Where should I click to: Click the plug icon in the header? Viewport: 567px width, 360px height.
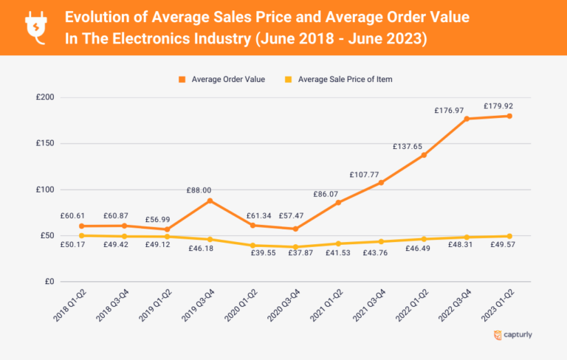(x=35, y=27)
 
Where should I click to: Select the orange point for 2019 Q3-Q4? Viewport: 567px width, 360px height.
(x=210, y=201)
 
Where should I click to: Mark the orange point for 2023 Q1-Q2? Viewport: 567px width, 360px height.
(x=509, y=116)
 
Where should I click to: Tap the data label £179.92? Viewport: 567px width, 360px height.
(x=498, y=105)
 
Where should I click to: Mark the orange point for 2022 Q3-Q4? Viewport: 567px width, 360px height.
(x=467, y=119)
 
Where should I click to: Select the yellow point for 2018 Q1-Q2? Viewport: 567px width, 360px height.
(x=81, y=235)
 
